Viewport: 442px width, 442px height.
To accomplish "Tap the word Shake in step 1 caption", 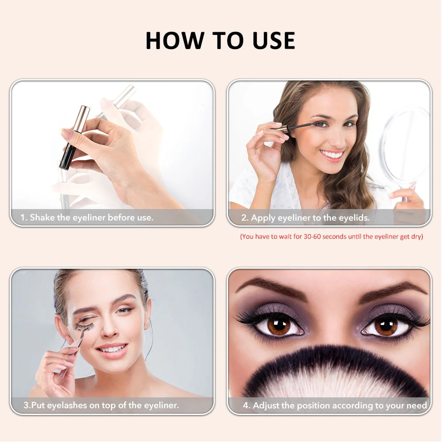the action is (42, 217).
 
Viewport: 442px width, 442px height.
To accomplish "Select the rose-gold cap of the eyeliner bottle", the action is (82, 119).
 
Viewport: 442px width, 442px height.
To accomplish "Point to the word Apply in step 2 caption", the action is (263, 218).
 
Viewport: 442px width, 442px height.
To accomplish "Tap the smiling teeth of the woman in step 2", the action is (332, 154).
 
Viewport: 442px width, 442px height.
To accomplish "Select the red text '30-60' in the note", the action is (312, 236).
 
